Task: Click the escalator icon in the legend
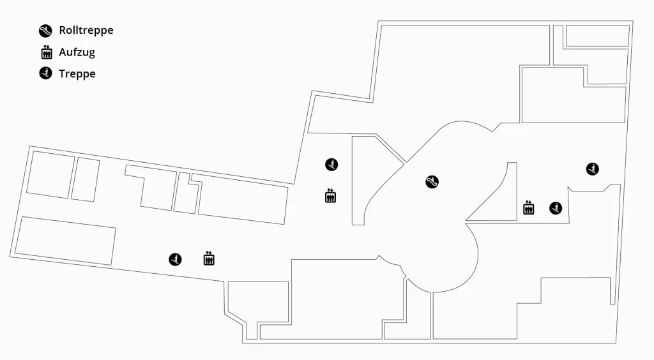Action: pos(45,31)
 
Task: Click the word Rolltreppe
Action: pos(86,30)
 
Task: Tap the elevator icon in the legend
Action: pos(46,52)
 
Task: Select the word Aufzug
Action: pos(77,52)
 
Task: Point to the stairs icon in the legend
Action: pos(45,73)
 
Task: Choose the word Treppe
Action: pos(77,74)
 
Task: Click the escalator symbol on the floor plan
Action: pos(432,182)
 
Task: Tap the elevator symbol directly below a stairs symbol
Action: pos(330,195)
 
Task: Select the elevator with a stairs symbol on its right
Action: pos(528,207)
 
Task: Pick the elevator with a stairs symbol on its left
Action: pos(209,259)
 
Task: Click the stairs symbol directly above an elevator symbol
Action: pos(331,165)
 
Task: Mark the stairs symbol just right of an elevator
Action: pos(556,208)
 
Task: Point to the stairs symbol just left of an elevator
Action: pos(175,259)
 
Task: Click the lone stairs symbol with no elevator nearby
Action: pos(593,169)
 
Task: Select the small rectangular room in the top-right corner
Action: pos(598,36)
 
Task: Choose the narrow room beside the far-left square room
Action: pos(86,179)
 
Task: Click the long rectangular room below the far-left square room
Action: pos(65,241)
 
